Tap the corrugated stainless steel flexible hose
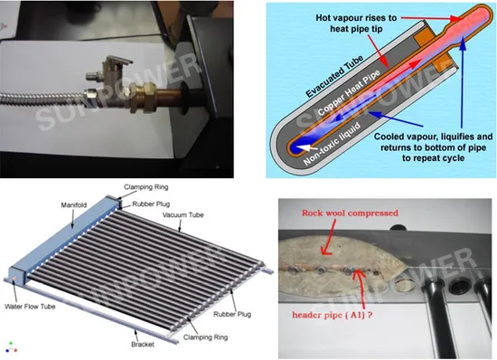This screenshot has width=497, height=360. tap(42, 99)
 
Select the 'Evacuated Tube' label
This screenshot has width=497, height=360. tap(333, 76)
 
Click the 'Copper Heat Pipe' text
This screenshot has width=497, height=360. tap(348, 92)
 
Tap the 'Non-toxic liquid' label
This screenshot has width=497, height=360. tap(332, 144)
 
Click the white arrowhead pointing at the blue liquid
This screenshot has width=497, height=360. tap(305, 147)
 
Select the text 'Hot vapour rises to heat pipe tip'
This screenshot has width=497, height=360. tap(356, 24)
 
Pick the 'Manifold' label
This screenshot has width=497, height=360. tap(74, 205)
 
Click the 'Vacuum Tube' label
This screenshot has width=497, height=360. tap(183, 215)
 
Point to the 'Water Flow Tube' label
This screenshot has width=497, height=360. tap(30, 307)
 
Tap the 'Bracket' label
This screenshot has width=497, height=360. tap(143, 344)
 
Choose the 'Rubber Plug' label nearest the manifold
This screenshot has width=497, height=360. tap(151, 204)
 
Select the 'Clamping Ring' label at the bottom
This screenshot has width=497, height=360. tap(205, 337)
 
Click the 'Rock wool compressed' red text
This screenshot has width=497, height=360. tap(350, 213)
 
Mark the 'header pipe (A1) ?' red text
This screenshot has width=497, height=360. tap(333, 315)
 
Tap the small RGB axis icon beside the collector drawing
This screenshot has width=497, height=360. tap(11, 347)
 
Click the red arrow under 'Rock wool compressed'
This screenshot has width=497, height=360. tap(328, 237)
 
